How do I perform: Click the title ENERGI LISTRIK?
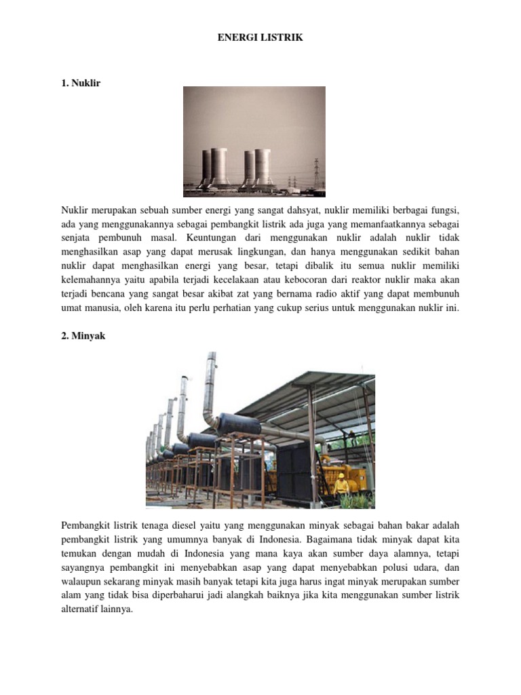click(x=260, y=38)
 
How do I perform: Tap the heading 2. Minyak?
click(x=83, y=335)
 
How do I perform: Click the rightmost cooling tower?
click(x=263, y=166)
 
